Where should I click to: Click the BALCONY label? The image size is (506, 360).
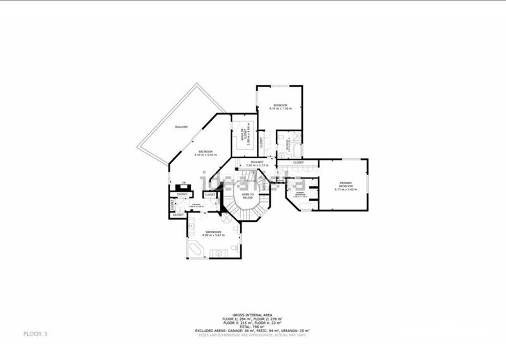click(x=181, y=128)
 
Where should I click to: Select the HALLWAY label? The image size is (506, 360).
click(x=257, y=163)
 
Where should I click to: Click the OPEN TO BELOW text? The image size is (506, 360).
click(x=247, y=196)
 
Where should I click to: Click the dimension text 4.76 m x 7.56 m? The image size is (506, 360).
click(x=280, y=109)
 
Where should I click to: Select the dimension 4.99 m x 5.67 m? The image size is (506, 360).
click(x=213, y=235)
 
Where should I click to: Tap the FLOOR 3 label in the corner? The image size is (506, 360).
click(x=35, y=333)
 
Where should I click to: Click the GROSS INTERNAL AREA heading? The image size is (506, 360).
click(x=252, y=314)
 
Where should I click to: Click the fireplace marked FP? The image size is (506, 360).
click(x=183, y=183)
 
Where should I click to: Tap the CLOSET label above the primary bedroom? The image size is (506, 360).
click(x=298, y=163)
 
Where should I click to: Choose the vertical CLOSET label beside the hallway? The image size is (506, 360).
click(x=261, y=142)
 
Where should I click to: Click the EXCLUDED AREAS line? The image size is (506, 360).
click(x=252, y=330)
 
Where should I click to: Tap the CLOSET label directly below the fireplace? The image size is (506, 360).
click(x=182, y=194)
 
